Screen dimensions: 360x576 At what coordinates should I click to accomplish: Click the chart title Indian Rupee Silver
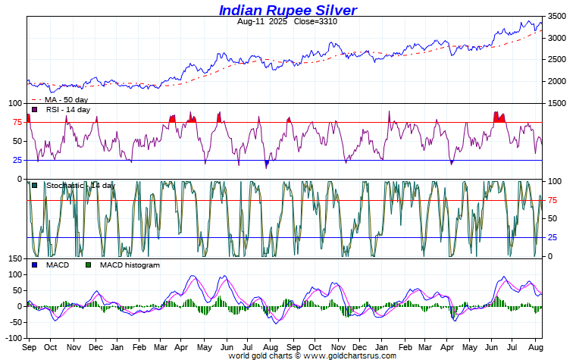287,10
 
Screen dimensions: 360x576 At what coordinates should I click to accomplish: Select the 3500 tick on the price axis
557,16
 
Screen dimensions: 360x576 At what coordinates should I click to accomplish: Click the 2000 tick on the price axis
557,81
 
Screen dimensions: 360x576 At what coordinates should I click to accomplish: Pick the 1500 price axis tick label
557,103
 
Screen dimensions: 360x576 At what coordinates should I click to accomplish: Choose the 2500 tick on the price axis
557,60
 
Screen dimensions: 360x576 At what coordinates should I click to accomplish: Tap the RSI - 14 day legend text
68,110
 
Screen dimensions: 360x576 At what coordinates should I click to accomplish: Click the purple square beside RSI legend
35,110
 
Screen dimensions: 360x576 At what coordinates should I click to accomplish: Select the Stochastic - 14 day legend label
80,185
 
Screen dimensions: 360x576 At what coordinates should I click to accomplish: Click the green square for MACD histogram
89,265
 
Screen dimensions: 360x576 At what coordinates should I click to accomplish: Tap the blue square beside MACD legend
35,265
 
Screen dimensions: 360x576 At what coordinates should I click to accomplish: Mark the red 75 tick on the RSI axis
17,122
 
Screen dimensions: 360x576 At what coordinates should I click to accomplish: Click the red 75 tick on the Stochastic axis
553,200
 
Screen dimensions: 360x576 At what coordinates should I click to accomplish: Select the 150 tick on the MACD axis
14,259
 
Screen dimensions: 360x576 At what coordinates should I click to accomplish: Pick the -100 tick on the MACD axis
12,338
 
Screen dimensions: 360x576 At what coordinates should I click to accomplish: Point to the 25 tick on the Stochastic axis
553,238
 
